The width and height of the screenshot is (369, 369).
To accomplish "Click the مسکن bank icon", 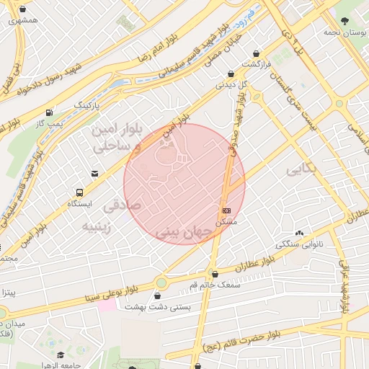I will [x=227, y=210].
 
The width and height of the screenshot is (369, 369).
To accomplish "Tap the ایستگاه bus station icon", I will [x=79, y=192].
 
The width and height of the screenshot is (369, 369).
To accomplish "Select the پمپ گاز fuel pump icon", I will [x=48, y=112].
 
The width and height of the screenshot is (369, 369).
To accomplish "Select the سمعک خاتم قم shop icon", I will [x=215, y=272].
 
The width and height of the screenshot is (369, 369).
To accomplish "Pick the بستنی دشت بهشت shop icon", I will [x=157, y=295].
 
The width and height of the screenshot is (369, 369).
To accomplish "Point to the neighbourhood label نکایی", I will [x=302, y=170].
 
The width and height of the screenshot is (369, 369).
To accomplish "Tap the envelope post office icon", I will [x=95, y=173].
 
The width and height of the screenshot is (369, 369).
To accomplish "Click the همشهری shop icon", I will [x=25, y=9].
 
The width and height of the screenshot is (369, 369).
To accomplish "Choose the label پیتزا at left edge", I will [x=7, y=293].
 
